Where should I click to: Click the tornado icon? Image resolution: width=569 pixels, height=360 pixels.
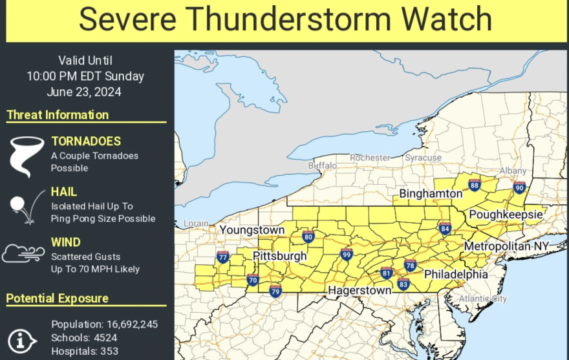point(25,156)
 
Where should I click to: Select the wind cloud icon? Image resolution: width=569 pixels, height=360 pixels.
point(24,253)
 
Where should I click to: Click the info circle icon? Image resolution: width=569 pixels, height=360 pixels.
point(23,341)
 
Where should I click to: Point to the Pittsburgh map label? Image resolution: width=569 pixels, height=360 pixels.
point(279,256)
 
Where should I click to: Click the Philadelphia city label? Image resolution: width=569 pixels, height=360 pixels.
point(455,274)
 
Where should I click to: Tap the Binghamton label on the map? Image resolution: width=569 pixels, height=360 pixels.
point(431,194)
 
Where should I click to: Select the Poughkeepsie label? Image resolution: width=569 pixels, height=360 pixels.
point(500,215)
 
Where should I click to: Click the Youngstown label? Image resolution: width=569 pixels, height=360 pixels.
point(252,230)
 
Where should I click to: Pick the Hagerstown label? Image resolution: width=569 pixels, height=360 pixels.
point(359,291)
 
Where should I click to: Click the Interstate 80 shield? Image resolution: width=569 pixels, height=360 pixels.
point(308,237)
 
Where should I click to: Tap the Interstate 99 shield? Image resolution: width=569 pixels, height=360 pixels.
point(347,255)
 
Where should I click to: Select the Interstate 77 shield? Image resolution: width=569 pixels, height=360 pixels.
point(223,258)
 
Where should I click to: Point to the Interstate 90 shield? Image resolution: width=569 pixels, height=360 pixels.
point(519,187)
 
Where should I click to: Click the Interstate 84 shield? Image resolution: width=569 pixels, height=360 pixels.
point(444,228)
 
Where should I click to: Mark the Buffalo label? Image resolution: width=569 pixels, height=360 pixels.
point(323,166)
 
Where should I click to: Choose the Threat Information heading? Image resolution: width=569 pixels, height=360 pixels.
point(58,115)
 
